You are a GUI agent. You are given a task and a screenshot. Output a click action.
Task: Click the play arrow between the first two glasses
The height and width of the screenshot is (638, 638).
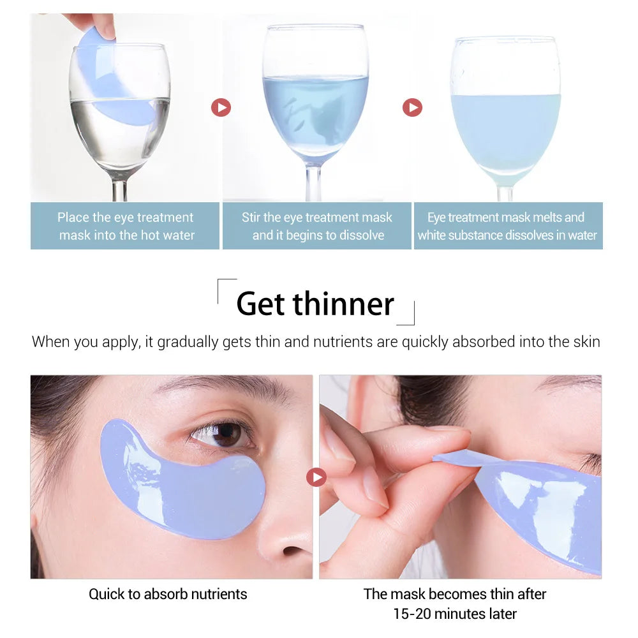[x=221, y=107]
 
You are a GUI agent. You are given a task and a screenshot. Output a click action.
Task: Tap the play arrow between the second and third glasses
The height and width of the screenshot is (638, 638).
[x=412, y=107]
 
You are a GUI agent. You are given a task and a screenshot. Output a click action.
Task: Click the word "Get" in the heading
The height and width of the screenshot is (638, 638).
[x=260, y=304]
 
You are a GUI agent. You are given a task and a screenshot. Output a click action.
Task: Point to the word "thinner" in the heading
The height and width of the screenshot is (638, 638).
[x=343, y=304]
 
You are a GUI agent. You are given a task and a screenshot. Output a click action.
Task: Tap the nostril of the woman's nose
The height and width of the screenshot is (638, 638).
[x=292, y=551]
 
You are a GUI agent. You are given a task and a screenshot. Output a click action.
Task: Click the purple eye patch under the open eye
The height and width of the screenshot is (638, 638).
[x=182, y=480]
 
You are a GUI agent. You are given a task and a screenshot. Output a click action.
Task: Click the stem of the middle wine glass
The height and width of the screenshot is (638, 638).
[x=313, y=182]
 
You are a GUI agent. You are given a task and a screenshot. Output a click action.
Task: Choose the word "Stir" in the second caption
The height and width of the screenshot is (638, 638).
[x=251, y=218]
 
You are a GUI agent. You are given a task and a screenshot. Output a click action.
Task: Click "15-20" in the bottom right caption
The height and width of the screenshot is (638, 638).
[x=412, y=614]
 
